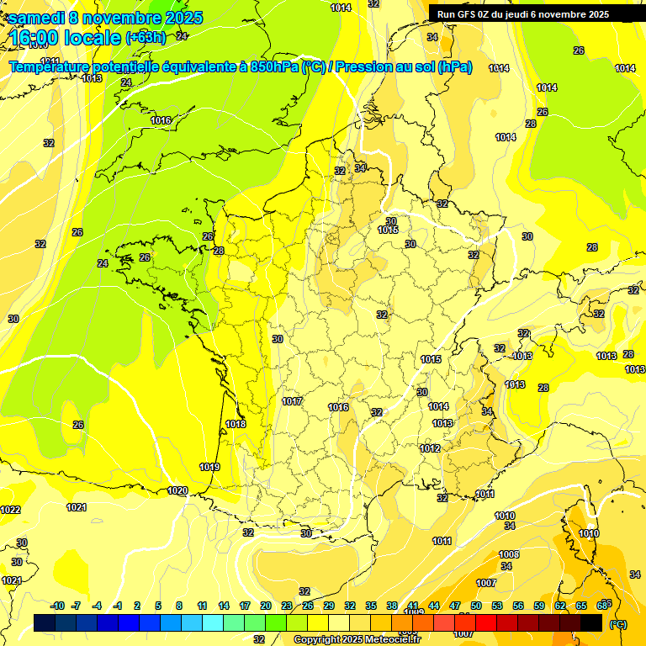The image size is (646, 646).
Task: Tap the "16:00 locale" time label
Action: (65, 37)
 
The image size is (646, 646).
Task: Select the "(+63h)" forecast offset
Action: (146, 37)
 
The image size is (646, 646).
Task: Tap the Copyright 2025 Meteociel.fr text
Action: (357, 639)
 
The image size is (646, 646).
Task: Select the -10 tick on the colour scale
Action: (57, 606)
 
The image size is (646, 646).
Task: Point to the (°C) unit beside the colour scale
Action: (618, 624)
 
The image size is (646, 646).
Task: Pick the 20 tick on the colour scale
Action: (266, 606)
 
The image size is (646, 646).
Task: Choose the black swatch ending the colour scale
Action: (591, 622)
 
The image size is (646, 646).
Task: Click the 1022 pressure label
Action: (10, 510)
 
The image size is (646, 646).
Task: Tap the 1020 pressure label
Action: (177, 490)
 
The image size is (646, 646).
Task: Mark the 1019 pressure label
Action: (209, 467)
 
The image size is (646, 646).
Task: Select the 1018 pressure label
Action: (236, 424)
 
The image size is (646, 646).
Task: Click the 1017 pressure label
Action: (292, 401)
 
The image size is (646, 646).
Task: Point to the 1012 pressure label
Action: (431, 448)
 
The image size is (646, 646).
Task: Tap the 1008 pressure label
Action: (509, 554)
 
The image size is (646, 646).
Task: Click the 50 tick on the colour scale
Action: (476, 606)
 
